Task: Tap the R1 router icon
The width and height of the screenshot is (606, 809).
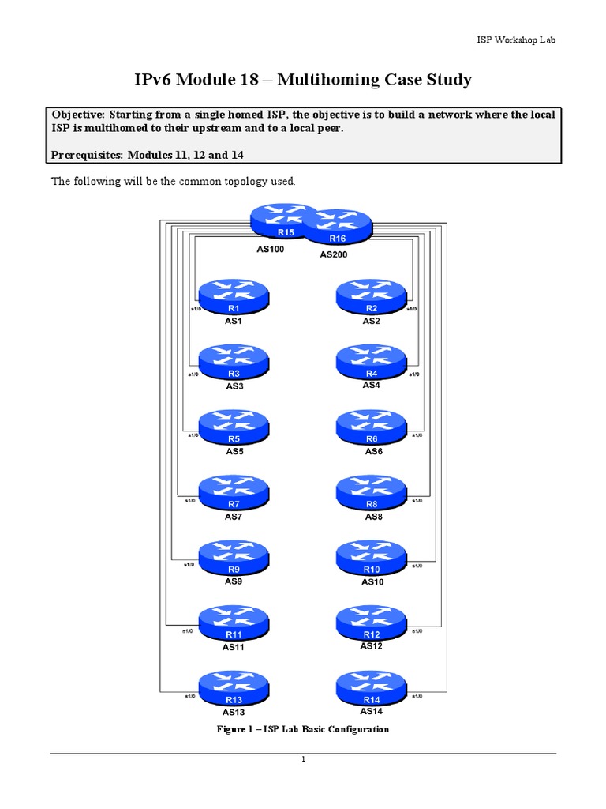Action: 234,298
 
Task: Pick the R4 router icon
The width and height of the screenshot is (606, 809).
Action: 371,363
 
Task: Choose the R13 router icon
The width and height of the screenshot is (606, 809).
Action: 234,688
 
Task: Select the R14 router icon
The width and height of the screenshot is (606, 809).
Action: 372,688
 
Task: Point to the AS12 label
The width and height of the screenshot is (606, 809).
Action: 372,646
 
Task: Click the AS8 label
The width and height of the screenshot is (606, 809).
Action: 373,517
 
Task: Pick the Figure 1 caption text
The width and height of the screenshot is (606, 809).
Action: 303,729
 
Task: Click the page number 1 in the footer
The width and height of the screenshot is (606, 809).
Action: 303,760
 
